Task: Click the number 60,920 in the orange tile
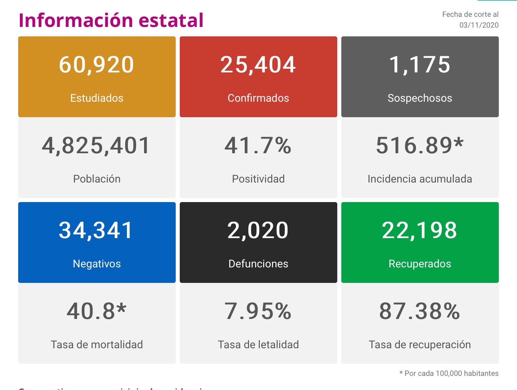click(97, 65)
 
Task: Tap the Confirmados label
click(258, 98)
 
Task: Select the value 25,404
click(258, 65)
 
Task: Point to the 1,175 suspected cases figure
click(420, 65)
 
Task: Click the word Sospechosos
click(420, 98)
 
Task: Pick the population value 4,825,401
click(96, 145)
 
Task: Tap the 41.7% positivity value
click(258, 145)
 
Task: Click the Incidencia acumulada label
click(420, 179)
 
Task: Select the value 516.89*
click(420, 145)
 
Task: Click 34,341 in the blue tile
click(96, 230)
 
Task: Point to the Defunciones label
click(258, 264)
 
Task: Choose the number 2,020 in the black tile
click(258, 230)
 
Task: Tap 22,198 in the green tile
click(420, 230)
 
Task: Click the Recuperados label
click(420, 264)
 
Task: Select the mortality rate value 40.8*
click(97, 311)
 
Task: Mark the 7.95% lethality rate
click(258, 311)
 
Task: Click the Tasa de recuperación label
click(420, 345)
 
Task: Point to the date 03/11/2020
click(479, 25)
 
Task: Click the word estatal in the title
click(171, 20)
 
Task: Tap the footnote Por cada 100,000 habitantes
click(451, 373)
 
